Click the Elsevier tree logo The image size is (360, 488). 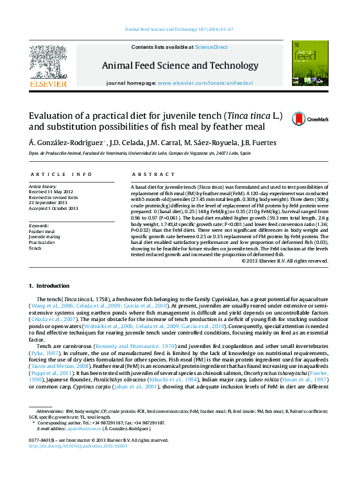click(48, 62)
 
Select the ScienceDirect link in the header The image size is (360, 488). click(211, 47)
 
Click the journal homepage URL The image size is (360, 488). click(205, 83)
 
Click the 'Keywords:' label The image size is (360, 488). click(39, 225)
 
